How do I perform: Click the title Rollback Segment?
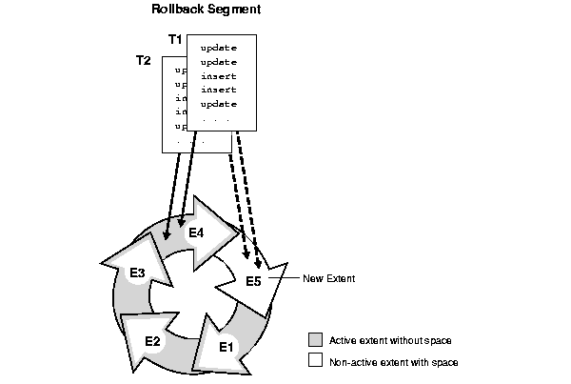(207, 10)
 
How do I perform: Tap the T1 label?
(174, 39)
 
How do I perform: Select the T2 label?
(144, 60)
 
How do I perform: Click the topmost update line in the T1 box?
(218, 47)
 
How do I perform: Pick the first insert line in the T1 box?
(218, 75)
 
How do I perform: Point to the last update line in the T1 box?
(218, 104)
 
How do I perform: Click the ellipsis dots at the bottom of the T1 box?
(214, 118)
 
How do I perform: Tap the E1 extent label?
(226, 347)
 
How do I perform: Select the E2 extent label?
(152, 340)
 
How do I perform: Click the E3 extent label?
(137, 273)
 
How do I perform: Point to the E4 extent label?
(196, 232)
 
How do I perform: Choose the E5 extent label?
(253, 281)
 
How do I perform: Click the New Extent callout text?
(328, 278)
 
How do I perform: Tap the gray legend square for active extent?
(315, 340)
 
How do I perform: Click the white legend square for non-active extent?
(315, 361)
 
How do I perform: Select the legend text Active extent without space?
(389, 340)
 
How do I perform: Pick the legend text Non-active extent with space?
(393, 362)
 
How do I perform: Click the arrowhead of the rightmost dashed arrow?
(258, 261)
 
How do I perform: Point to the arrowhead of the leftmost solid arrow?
(167, 235)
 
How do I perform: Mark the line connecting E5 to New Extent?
(283, 277)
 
